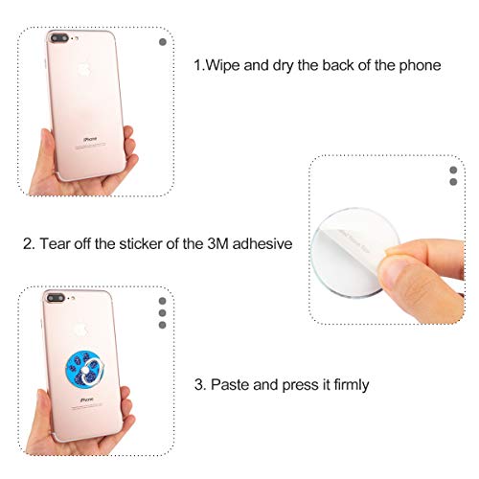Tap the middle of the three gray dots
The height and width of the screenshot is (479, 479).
tap(162, 312)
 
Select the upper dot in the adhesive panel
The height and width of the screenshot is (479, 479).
tap(453, 170)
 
